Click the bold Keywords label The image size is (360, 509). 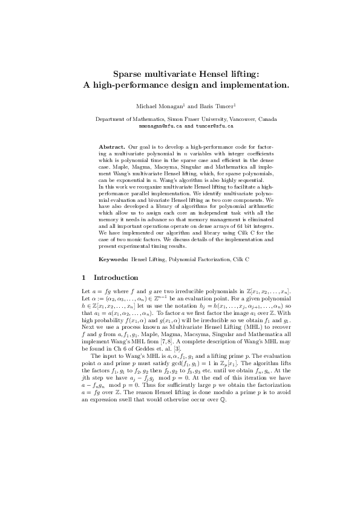click(113, 259)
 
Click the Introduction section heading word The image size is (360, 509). click(116, 278)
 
